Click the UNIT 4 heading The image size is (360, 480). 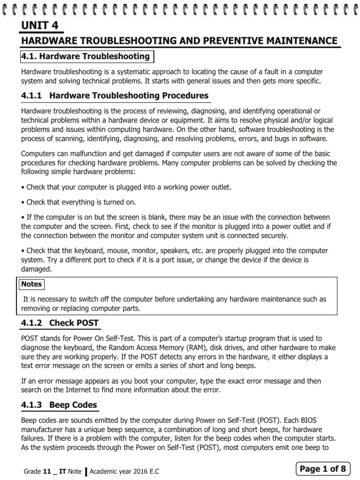[x=40, y=25]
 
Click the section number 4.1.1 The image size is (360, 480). [x=32, y=96]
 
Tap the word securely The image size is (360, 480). [x=274, y=235]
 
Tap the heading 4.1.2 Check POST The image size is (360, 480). [x=60, y=323]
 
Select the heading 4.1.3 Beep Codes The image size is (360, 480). [x=60, y=405]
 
